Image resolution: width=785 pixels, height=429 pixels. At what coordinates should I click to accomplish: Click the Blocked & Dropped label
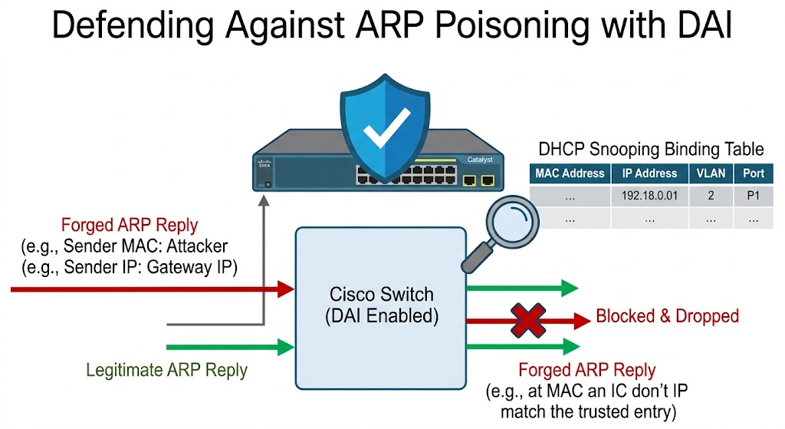click(667, 315)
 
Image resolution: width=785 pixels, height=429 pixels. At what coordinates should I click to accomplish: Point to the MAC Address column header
click(570, 173)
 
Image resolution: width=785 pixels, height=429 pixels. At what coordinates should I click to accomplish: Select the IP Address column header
click(649, 173)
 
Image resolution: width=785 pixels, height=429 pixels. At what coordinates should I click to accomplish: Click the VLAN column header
click(711, 173)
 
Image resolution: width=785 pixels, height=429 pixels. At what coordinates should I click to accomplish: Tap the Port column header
click(754, 173)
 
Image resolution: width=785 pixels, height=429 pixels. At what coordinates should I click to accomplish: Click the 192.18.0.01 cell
click(649, 196)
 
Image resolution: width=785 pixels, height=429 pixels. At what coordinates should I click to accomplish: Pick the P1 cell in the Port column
click(754, 196)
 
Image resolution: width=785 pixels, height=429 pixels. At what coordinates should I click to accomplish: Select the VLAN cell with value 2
click(711, 196)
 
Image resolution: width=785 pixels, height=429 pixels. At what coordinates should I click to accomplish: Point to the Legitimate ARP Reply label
click(166, 370)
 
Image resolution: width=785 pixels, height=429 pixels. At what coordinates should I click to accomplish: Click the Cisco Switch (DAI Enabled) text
click(380, 305)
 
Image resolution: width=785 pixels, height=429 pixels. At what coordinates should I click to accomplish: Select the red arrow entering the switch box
click(153, 289)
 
